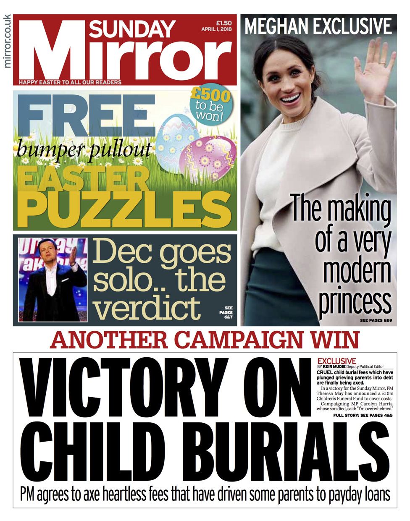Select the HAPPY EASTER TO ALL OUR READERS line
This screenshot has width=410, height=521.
click(71, 82)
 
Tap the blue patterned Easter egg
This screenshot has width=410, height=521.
click(179, 134)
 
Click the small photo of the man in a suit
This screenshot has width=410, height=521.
click(53, 280)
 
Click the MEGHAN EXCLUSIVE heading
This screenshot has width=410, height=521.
click(318, 26)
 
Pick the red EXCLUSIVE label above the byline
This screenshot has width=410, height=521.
click(337, 361)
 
